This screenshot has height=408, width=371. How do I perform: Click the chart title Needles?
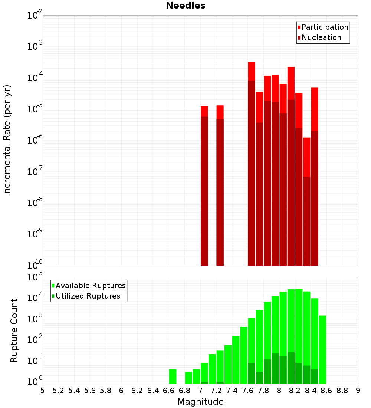[185, 6]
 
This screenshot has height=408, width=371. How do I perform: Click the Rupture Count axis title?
[14, 330]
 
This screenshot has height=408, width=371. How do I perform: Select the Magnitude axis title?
[200, 402]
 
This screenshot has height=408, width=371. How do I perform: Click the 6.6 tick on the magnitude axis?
[169, 391]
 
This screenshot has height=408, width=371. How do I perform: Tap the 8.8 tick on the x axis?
[342, 391]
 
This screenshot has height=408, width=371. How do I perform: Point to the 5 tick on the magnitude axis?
[43, 391]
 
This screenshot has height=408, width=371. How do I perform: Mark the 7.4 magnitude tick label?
[232, 391]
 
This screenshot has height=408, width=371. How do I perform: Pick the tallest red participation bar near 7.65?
[252, 70]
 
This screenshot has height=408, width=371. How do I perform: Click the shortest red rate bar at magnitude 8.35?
[307, 156]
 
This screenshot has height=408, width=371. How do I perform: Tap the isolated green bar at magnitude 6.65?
[173, 376]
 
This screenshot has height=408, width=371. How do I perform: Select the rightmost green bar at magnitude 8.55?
[322, 349]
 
